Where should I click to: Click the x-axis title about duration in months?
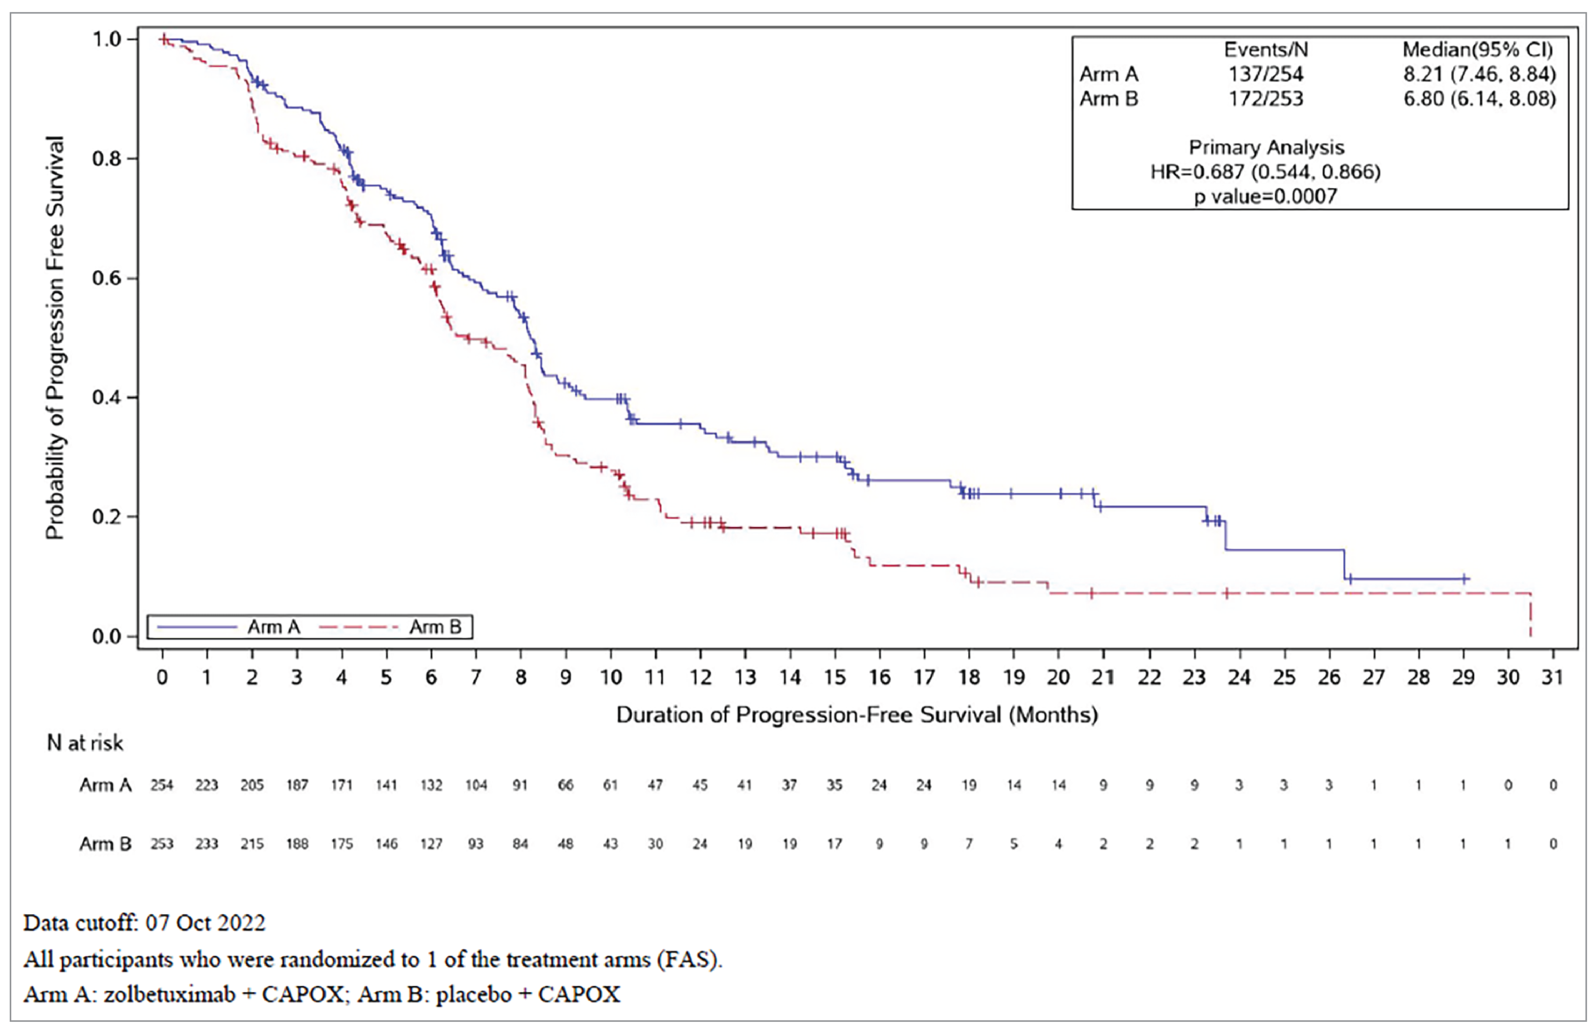click(x=857, y=715)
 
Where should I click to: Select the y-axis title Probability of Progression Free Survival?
click(x=55, y=338)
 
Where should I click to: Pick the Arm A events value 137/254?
click(x=1265, y=74)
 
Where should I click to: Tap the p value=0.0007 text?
click(x=1265, y=196)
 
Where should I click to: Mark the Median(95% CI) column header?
click(x=1478, y=49)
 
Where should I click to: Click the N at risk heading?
click(x=85, y=743)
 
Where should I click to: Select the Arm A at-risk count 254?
click(x=162, y=785)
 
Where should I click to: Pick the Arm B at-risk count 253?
click(x=162, y=844)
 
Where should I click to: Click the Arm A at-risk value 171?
click(x=342, y=785)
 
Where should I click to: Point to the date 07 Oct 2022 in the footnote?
click(x=205, y=923)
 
